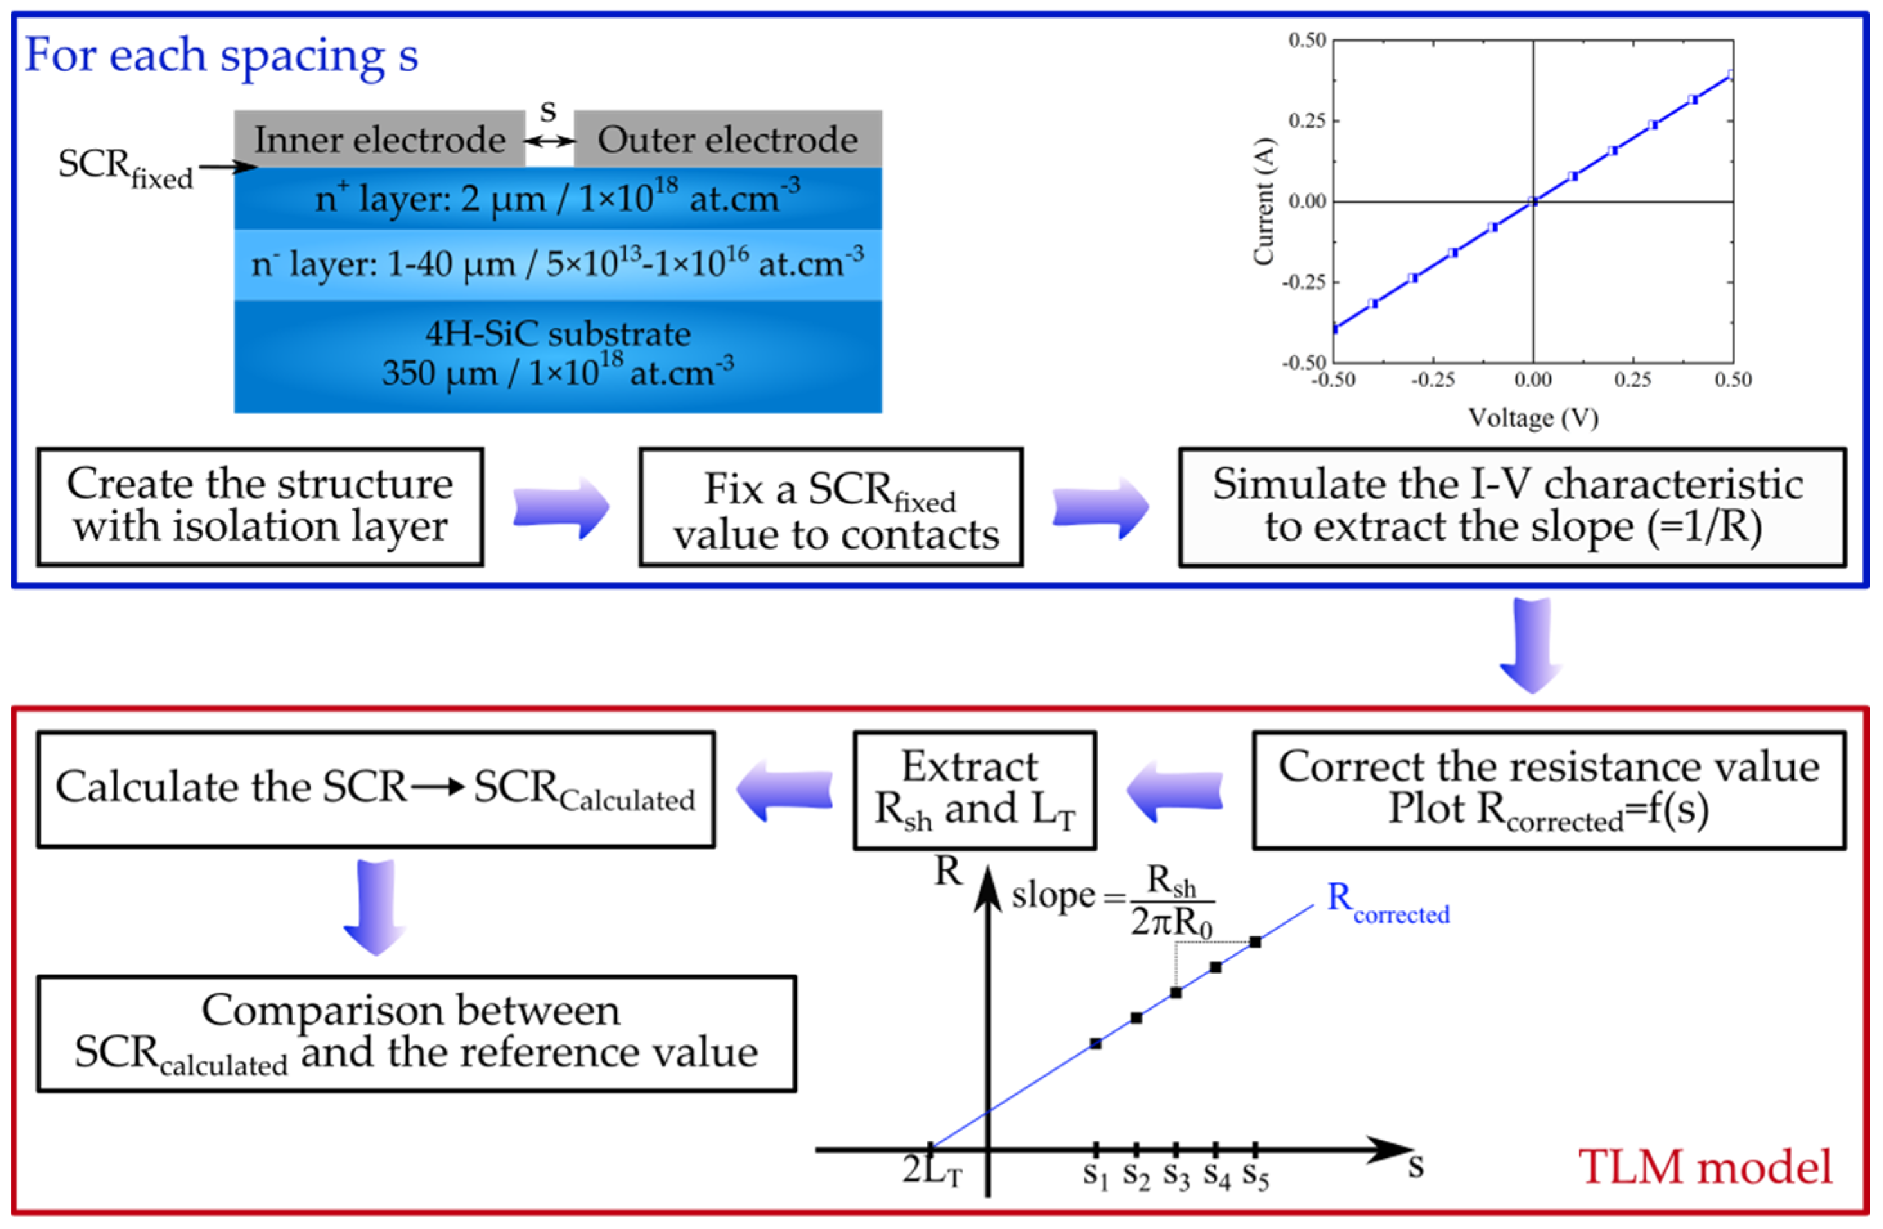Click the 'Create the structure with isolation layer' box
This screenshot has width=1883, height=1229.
[260, 506]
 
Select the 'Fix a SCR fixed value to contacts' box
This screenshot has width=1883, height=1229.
[831, 507]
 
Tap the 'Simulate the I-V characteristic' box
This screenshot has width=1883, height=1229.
[1512, 507]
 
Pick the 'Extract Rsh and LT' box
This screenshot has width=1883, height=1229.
[974, 790]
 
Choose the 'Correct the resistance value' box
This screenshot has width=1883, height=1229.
[1549, 790]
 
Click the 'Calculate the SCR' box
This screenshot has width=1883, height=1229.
[376, 790]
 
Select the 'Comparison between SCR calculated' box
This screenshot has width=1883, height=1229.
[416, 1033]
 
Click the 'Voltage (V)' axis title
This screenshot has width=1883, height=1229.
[1533, 417]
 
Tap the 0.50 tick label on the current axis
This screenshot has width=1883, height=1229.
[1307, 39]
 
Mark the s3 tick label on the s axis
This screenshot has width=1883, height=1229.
[1176, 1176]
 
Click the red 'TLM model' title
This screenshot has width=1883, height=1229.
[1706, 1167]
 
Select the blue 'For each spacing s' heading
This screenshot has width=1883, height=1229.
[221, 55]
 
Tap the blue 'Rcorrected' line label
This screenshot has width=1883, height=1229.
[1388, 901]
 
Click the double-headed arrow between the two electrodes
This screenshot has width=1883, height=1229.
[550, 141]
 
